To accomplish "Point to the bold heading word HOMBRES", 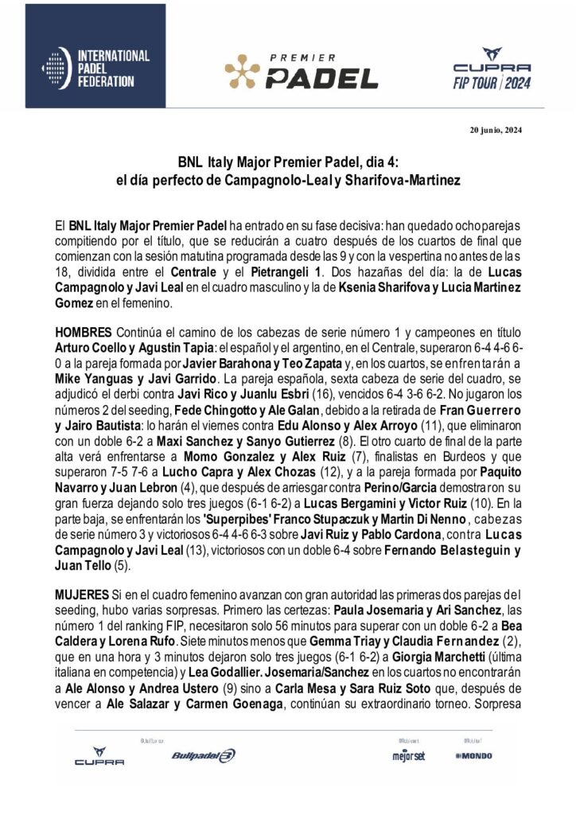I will [x=84, y=330].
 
